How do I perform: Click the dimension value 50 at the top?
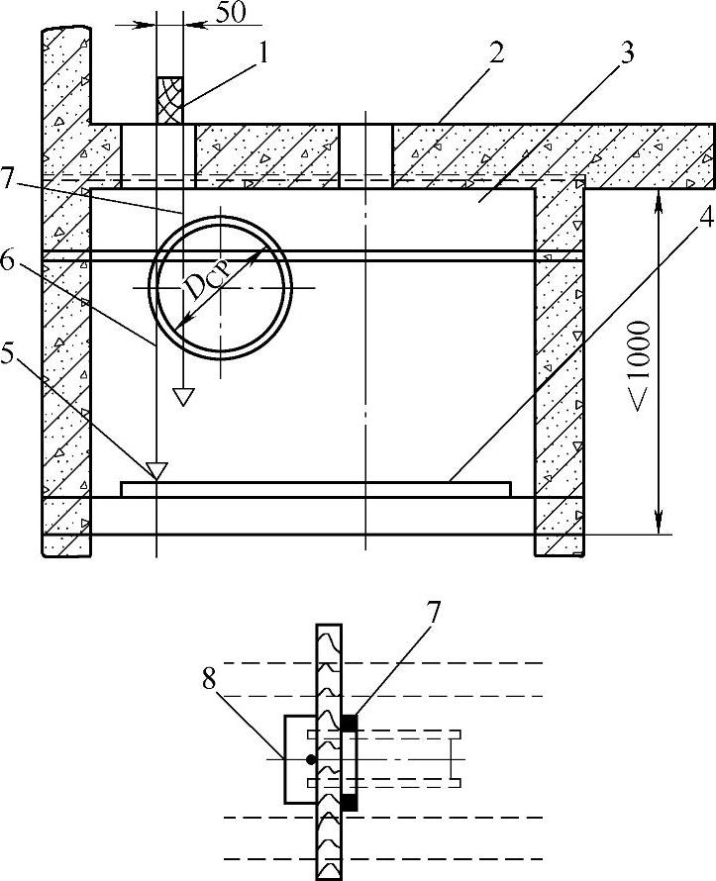[231, 13]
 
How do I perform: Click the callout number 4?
[705, 217]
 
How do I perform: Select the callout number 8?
[209, 679]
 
